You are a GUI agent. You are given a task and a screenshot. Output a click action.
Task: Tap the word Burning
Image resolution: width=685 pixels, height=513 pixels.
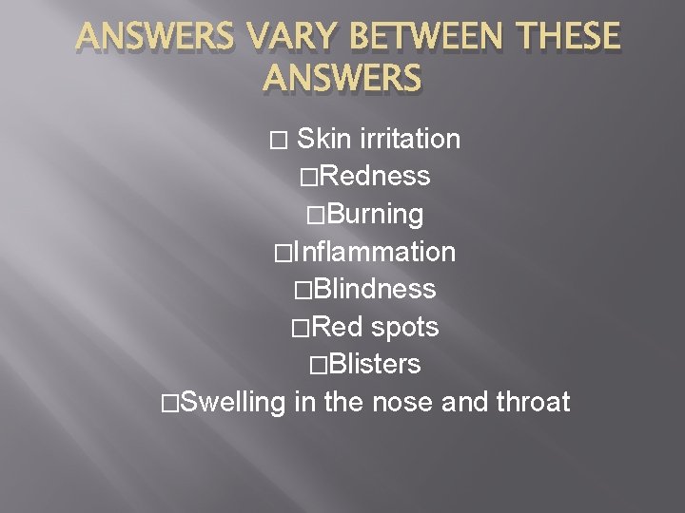(373, 215)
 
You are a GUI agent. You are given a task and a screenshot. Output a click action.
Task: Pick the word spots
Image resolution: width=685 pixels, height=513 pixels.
(403, 327)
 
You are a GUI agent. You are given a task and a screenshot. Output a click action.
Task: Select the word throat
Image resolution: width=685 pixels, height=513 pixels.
(533, 402)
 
